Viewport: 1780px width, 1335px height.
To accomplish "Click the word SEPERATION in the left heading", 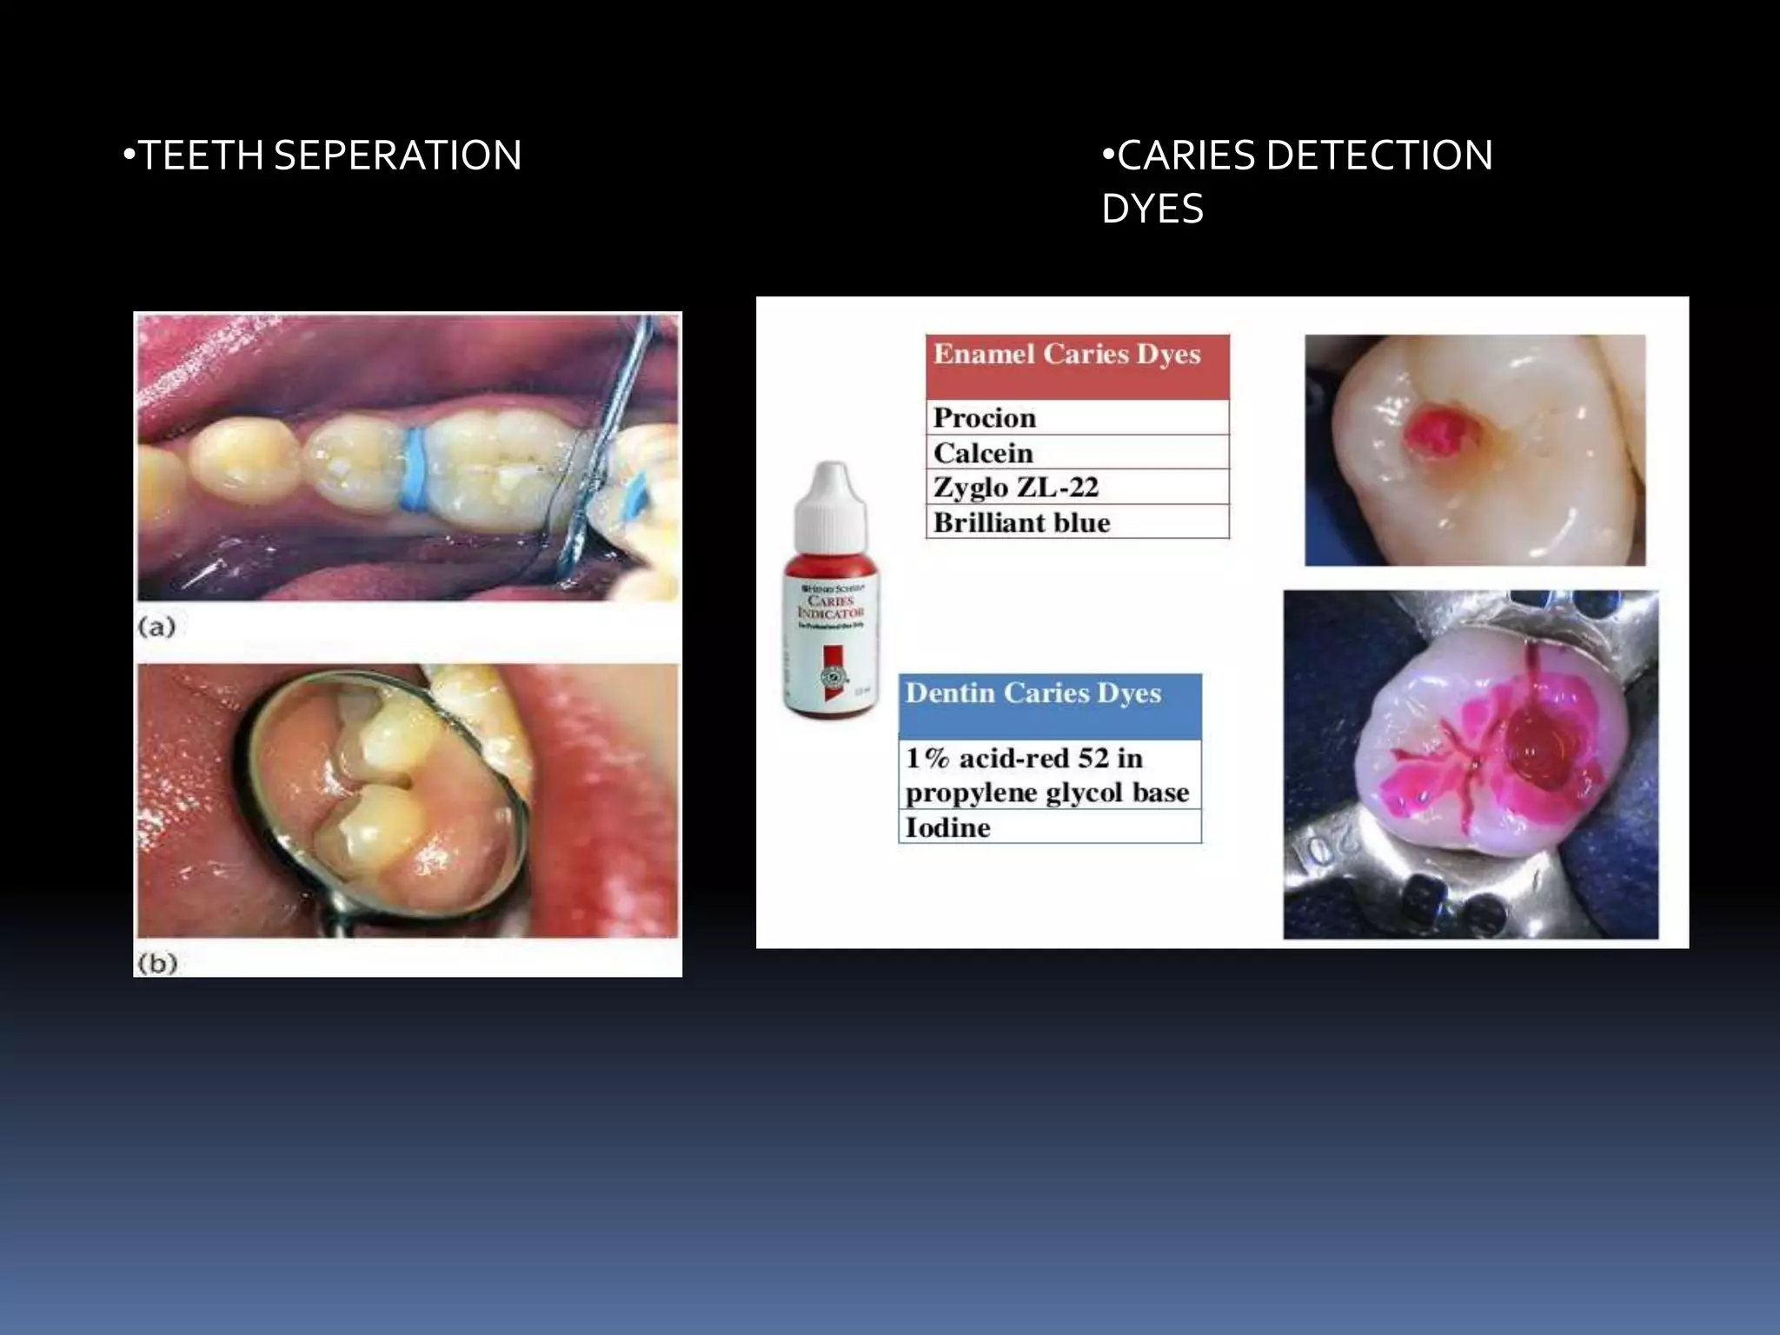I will (397, 156).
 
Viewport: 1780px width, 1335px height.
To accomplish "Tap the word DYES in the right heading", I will (1152, 209).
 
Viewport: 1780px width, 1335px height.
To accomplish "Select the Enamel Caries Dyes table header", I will (1077, 366).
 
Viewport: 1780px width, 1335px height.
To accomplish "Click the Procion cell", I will (1077, 418).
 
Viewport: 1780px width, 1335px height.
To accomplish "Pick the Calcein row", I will (1077, 453).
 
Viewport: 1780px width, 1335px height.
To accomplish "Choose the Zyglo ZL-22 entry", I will (1077, 488).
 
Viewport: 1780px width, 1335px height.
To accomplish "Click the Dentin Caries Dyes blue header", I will (1049, 705).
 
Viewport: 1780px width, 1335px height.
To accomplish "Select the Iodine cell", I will (1049, 827).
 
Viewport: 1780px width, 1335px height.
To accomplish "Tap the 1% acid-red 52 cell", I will (1049, 774).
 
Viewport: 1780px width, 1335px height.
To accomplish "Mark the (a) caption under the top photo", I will (156, 627).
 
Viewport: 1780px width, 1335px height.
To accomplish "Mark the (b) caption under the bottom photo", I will (157, 963).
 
